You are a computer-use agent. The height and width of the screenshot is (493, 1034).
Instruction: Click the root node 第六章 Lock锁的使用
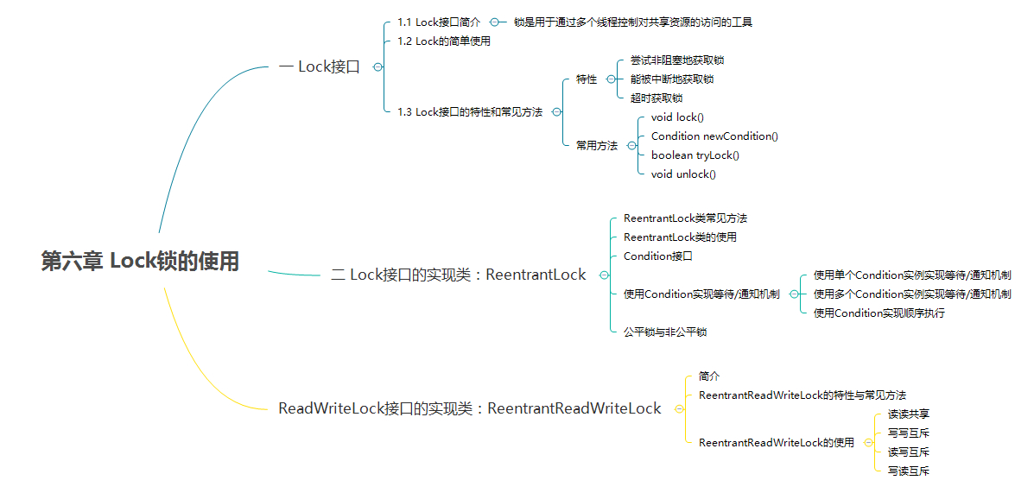140,262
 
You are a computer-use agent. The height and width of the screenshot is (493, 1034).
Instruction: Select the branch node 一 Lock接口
320,66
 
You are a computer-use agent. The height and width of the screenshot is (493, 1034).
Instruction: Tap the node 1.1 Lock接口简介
439,22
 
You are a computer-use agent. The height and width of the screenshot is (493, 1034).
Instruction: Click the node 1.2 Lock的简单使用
444,41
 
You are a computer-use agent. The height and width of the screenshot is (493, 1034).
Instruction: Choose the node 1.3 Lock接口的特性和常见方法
470,112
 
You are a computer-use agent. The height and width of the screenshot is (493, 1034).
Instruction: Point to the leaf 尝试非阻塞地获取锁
677,60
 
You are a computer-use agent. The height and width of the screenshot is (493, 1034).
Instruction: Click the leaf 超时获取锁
657,98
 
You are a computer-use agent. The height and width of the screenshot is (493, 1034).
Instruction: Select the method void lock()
677,117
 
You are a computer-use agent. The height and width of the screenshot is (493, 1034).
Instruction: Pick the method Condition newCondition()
714,136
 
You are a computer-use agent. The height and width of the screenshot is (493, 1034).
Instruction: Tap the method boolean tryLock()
695,155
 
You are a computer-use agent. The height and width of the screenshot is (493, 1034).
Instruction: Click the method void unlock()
683,174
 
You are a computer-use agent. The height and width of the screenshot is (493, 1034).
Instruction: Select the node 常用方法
597,146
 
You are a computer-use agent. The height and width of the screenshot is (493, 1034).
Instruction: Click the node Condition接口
657,256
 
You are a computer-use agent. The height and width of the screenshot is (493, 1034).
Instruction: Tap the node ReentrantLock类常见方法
685,218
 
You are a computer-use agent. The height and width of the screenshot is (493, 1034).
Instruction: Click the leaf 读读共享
909,414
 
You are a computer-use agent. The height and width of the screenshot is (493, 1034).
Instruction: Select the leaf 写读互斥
909,471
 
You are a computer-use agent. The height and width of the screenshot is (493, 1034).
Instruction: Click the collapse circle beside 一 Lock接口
377,66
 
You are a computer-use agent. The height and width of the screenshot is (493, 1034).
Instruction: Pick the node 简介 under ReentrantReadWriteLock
709,376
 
